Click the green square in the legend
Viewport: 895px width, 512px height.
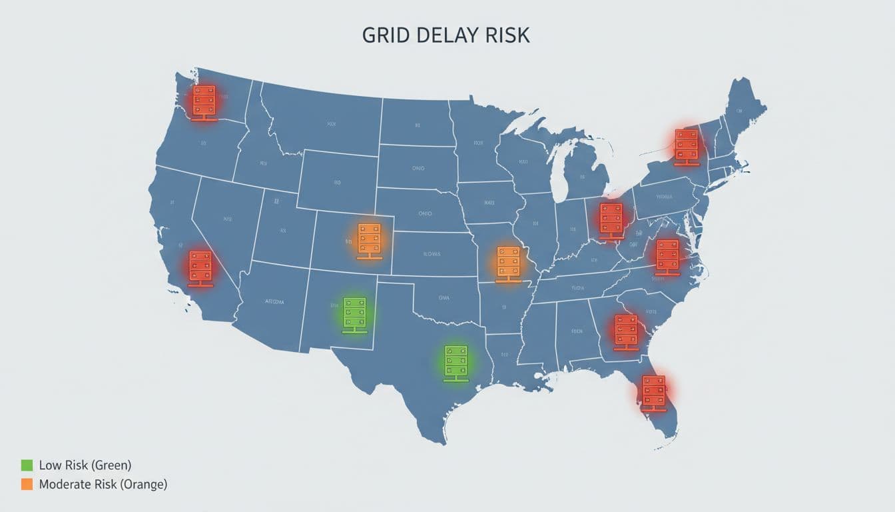pos(27,465)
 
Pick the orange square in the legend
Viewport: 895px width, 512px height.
pos(27,485)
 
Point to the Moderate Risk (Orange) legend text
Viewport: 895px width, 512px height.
pos(103,485)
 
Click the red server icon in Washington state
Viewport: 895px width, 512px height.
pos(204,103)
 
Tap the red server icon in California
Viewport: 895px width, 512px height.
pos(200,268)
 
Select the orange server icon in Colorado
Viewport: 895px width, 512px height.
pos(368,241)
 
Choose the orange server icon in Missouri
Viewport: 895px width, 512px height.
pos(508,263)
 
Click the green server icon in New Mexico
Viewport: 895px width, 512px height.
pos(354,315)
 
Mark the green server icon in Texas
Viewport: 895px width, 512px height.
pos(456,363)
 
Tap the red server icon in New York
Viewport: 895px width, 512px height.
pos(686,147)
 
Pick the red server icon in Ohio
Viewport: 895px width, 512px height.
pos(611,221)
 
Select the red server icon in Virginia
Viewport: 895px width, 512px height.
pos(667,257)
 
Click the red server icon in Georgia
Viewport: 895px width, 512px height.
pos(626,332)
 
